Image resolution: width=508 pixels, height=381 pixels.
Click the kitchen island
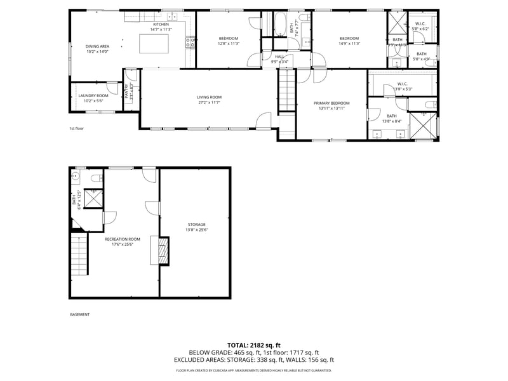[x=154, y=44]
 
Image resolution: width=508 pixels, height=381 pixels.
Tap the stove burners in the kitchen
[x=190, y=43]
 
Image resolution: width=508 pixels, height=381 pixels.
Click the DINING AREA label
[x=97, y=46]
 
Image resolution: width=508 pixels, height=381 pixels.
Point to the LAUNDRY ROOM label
[x=93, y=95]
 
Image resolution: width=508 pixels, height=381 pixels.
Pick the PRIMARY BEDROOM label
[x=331, y=103]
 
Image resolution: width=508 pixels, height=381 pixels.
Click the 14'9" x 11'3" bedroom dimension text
[x=349, y=44]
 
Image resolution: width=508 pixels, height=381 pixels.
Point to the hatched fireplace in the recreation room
[x=163, y=250]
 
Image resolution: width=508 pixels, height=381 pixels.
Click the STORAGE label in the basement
[x=196, y=225]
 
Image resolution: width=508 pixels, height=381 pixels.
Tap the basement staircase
[x=78, y=255]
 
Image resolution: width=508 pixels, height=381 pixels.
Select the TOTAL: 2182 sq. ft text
[x=254, y=344]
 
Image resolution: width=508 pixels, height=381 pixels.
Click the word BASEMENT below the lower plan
[x=79, y=314]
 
